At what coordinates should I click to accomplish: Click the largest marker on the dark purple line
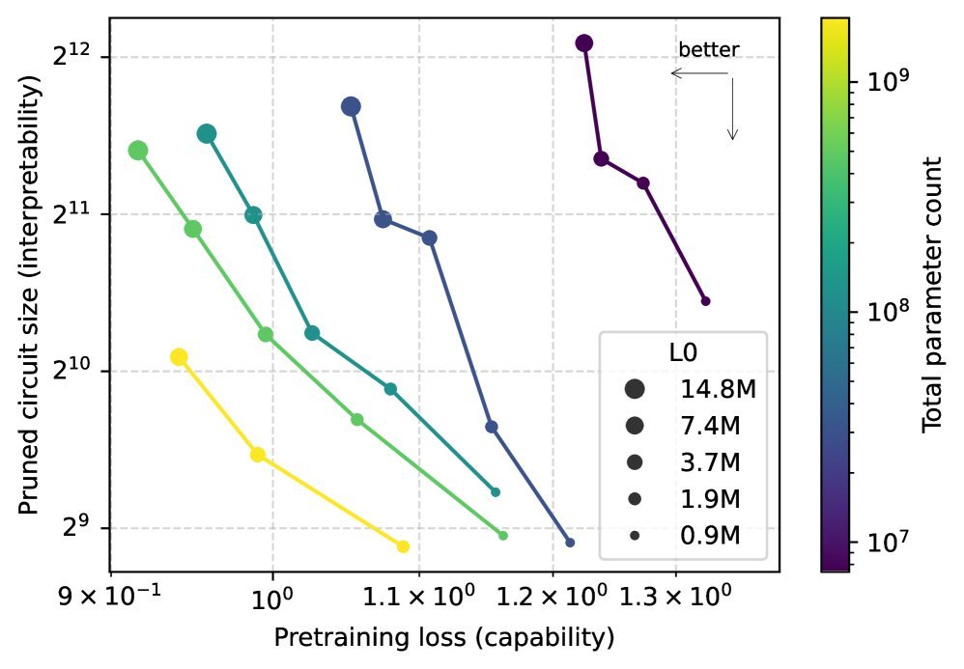click(583, 43)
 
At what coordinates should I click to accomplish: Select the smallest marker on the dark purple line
click(705, 301)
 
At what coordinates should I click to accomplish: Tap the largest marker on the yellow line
click(179, 357)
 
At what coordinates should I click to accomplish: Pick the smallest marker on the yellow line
click(404, 546)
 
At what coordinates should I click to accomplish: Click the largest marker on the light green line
click(138, 150)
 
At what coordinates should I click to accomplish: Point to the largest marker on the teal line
click(207, 134)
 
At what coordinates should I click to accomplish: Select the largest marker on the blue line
click(352, 106)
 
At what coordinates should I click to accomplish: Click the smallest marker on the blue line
click(570, 543)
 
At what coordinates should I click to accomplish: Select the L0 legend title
click(682, 353)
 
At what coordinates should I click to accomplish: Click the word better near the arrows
click(708, 50)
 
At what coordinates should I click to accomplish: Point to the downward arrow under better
click(733, 111)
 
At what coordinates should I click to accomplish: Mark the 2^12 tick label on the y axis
click(71, 56)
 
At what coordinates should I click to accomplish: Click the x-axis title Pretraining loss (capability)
click(444, 638)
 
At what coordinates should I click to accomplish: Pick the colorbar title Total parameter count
click(931, 294)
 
